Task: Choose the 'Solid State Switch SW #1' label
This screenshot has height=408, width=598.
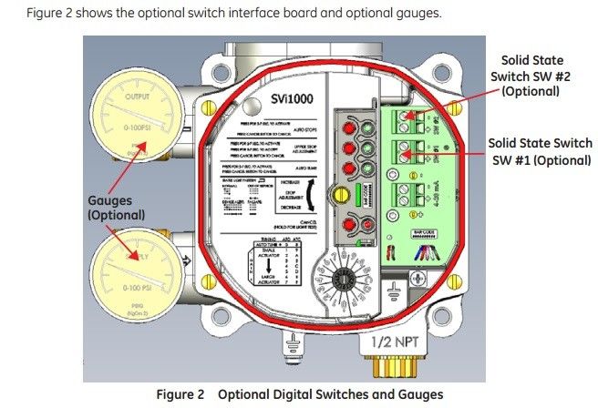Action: [540, 152]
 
